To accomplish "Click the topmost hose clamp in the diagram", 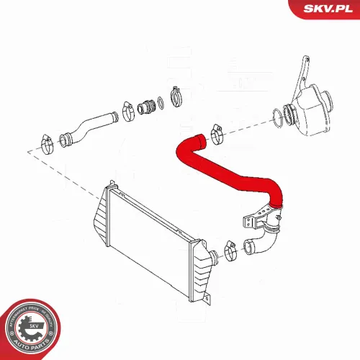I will click(x=176, y=94).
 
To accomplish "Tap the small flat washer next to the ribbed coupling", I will click(x=161, y=103).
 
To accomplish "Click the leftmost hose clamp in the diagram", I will click(x=44, y=140).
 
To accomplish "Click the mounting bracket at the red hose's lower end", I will click(x=255, y=216).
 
